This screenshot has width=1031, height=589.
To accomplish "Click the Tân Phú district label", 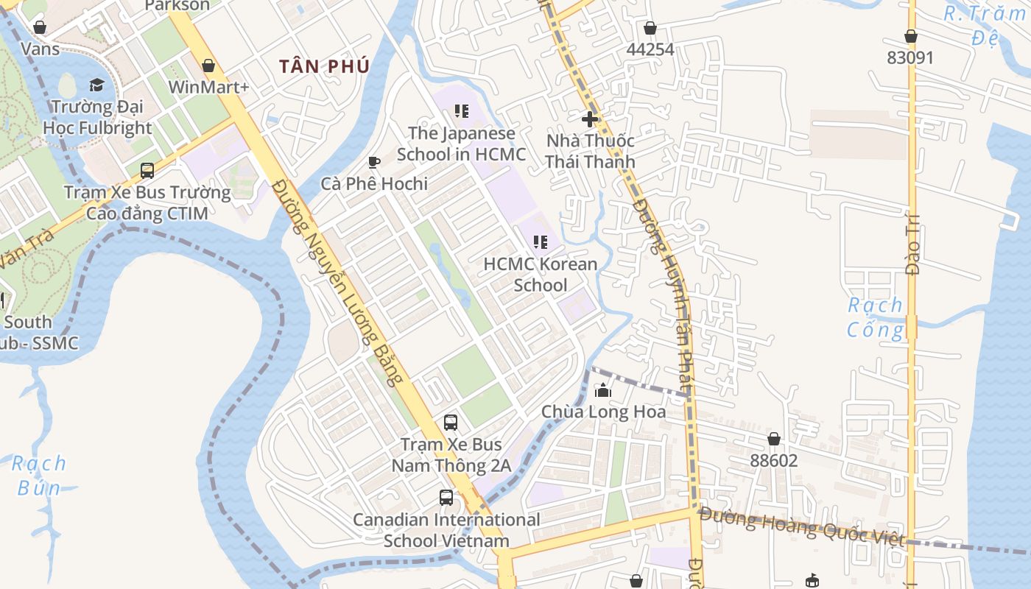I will (324, 66).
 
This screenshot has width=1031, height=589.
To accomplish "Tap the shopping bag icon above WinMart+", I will (208, 66).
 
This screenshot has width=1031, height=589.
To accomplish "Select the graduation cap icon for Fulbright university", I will (96, 85).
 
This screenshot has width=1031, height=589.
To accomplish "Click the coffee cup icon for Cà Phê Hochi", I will (374, 162).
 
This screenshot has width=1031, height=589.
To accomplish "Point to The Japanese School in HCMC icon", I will (462, 111).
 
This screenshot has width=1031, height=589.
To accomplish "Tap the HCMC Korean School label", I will (541, 274).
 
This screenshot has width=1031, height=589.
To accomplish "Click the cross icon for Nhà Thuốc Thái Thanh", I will (590, 119).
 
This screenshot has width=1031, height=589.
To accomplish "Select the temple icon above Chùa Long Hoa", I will (603, 390).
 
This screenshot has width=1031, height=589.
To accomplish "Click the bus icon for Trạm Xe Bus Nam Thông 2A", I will (451, 423).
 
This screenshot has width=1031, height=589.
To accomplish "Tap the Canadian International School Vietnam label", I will (446, 530).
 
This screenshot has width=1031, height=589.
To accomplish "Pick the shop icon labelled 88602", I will (774, 439).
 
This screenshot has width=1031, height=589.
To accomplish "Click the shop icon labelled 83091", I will (911, 36).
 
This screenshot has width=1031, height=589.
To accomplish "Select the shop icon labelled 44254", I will (650, 28).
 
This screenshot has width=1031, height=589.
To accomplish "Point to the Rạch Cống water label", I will (875, 317).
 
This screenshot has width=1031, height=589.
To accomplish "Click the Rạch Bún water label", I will (39, 475).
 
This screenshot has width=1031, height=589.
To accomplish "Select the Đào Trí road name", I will (913, 250).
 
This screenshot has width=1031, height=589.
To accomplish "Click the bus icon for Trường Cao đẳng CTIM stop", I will (147, 171).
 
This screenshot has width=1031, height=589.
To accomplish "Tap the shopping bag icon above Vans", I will (40, 27).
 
